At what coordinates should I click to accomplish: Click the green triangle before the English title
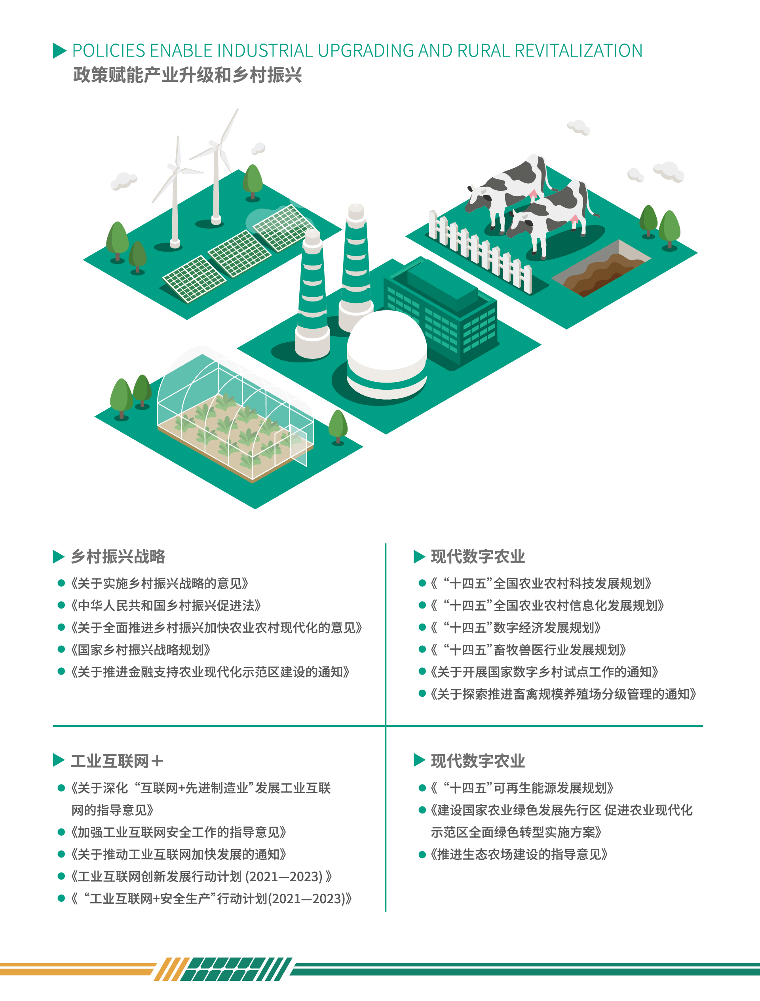click(59, 51)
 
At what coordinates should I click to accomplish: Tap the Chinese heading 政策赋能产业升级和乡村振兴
click(187, 75)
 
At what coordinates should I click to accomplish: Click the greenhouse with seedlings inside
click(236, 416)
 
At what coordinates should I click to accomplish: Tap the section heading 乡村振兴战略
click(118, 557)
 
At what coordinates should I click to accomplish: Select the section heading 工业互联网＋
click(117, 761)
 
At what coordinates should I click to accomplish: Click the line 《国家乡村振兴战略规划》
click(140, 650)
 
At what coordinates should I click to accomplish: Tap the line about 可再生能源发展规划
click(521, 788)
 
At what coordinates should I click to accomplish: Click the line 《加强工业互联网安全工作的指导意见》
click(179, 832)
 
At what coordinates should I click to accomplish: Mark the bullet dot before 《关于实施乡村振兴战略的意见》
click(61, 583)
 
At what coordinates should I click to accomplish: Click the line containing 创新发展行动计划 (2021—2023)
click(201, 876)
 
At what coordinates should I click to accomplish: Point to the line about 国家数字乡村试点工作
click(544, 672)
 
